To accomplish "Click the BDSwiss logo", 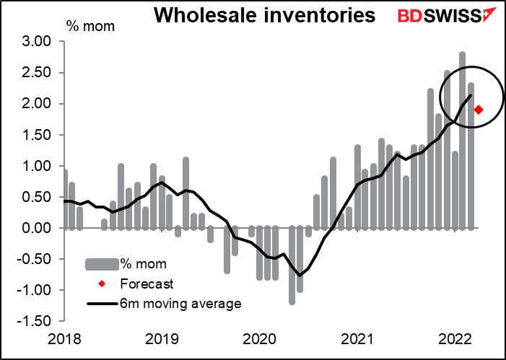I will pos(438,14).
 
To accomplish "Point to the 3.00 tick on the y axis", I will pos(38,42).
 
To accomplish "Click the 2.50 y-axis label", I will pos(38,73).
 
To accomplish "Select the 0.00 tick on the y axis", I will pos(38,228).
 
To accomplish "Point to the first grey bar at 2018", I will pos(64,199).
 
